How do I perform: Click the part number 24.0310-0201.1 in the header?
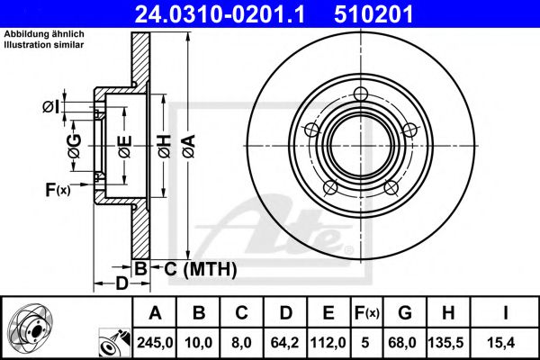(x=220, y=14)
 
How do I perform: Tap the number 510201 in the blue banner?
(x=373, y=14)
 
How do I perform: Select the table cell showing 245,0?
(x=155, y=343)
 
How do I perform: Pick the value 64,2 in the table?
(x=284, y=343)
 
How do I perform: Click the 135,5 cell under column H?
(x=447, y=343)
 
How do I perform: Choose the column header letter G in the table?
(x=405, y=313)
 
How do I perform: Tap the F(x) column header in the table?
(x=367, y=313)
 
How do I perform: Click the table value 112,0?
(x=328, y=343)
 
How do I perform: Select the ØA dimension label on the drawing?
(x=189, y=146)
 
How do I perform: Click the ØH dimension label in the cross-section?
(x=165, y=146)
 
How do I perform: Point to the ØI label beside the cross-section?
(x=51, y=107)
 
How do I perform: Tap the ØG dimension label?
(x=75, y=146)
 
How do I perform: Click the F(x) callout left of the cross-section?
(x=58, y=189)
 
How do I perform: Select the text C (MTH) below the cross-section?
(x=201, y=269)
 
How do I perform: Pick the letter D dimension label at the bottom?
(x=121, y=283)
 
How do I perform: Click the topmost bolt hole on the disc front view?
(x=361, y=94)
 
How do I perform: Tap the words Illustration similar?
(x=44, y=45)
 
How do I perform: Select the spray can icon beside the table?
(x=114, y=343)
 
